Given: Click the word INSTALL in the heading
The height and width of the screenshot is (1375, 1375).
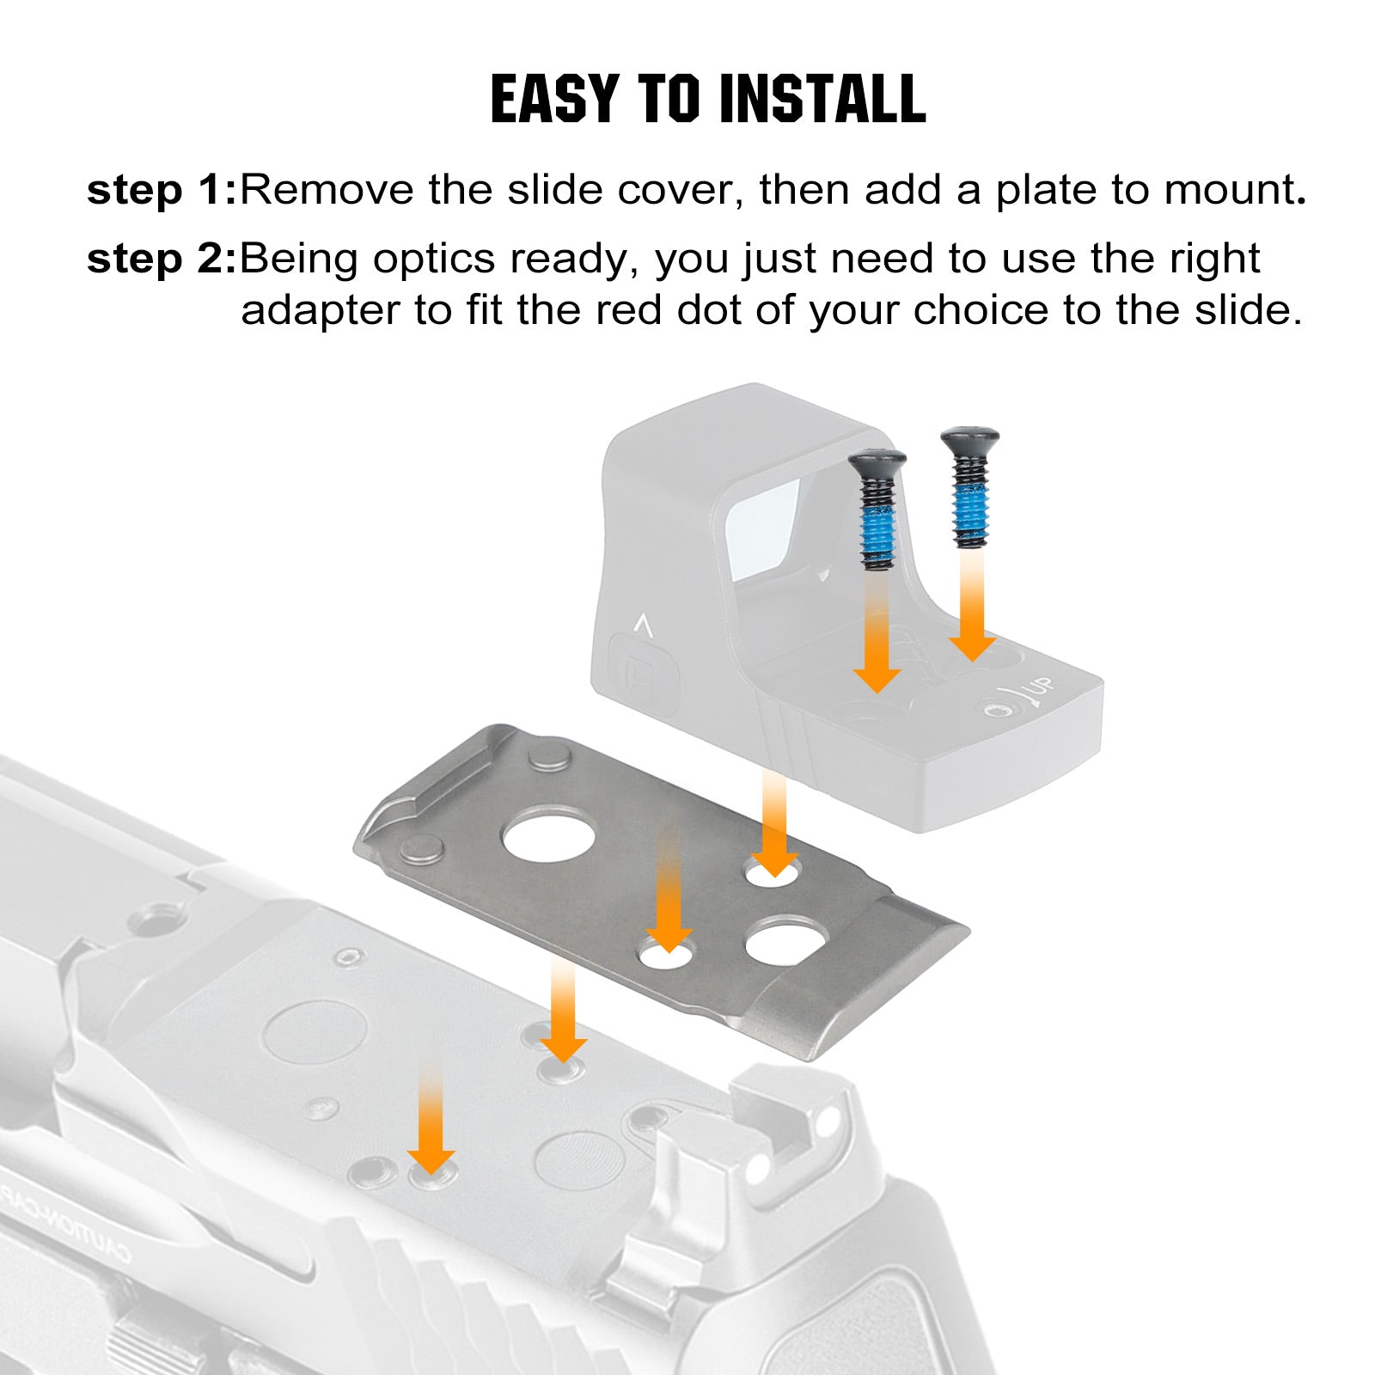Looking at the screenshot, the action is coord(822,99).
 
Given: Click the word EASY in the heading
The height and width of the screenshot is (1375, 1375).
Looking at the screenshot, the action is coord(555,99).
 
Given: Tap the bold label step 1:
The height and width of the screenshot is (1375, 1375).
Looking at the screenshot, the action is coord(162,190).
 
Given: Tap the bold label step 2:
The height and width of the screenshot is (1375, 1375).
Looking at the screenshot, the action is coord(162,259).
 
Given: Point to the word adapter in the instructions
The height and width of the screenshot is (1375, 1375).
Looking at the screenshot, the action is coord(321,311).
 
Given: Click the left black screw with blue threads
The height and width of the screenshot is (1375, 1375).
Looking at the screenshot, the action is coord(877,510).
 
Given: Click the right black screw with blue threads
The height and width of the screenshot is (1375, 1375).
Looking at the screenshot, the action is coord(970,488).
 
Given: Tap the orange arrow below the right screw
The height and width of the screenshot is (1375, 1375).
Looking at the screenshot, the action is coord(972,607).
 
